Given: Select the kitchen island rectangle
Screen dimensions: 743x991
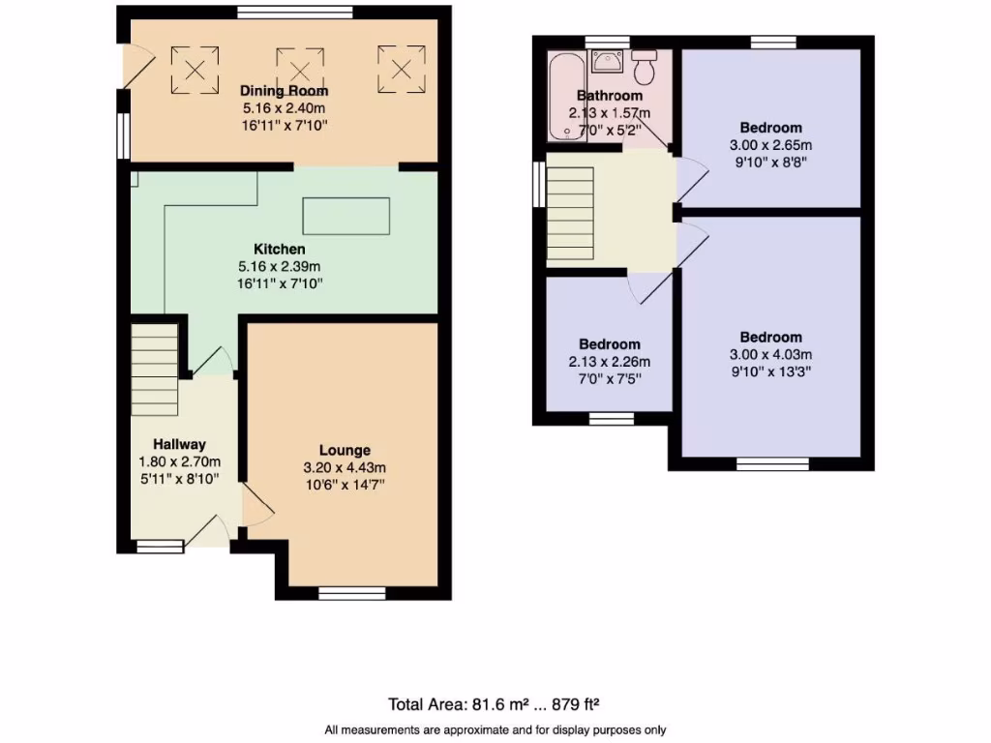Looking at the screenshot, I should tap(346, 216).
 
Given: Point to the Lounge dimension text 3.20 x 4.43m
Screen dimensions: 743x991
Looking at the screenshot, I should tap(345, 468).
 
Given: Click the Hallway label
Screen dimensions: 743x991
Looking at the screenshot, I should tap(179, 444).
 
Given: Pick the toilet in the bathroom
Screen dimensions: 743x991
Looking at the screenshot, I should tap(645, 69).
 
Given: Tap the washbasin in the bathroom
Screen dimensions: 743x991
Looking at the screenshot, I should tap(608, 62).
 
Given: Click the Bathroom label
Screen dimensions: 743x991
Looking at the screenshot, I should tap(610, 96).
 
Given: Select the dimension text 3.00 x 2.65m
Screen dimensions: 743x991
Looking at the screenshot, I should tap(771, 145).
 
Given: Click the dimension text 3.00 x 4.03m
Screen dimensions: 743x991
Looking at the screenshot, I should tap(771, 354).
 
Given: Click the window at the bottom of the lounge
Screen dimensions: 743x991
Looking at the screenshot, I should tap(351, 592).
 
